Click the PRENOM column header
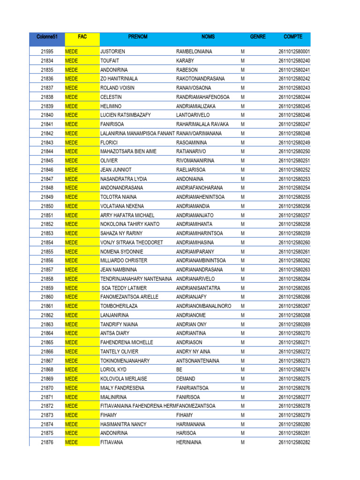(x=137, y=37)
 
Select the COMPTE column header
(x=293, y=37)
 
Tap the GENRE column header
(x=258, y=37)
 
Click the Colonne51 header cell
(x=46, y=37)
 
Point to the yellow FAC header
(x=82, y=37)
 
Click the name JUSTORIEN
(x=113, y=52)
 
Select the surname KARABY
(x=185, y=60)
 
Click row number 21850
(x=47, y=206)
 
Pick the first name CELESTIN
(x=112, y=97)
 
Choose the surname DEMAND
(x=186, y=379)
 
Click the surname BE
(x=179, y=369)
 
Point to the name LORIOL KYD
(x=114, y=369)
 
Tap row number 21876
(x=47, y=442)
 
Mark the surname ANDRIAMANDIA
(x=193, y=206)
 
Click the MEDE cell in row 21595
(x=71, y=52)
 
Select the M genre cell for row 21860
(x=243, y=297)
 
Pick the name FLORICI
(x=110, y=142)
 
